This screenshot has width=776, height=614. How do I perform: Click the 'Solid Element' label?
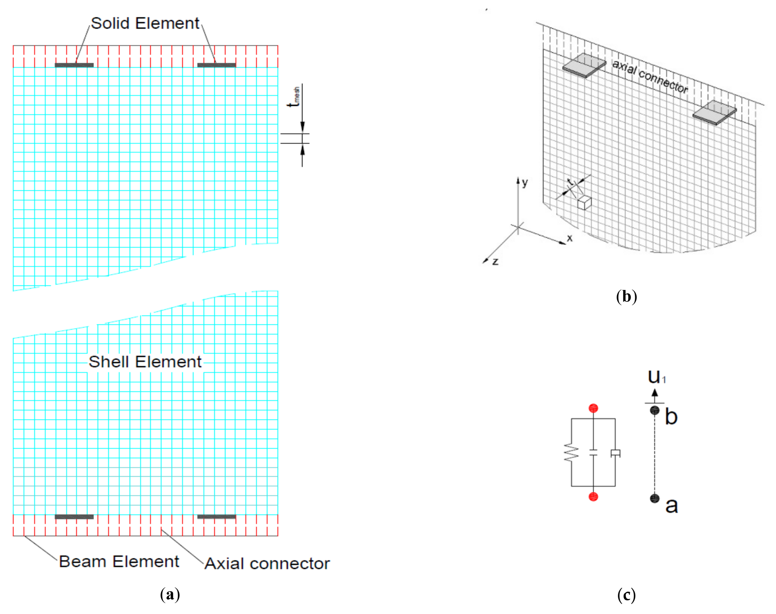tap(145, 23)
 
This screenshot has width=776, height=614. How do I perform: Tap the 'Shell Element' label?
tap(145, 362)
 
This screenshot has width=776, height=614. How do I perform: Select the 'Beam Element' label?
tap(119, 562)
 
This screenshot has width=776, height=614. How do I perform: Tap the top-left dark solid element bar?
tap(74, 65)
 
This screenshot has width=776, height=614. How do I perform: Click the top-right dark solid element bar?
tap(216, 65)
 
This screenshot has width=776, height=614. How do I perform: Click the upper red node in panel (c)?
tap(593, 408)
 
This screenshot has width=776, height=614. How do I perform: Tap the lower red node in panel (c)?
tap(593, 497)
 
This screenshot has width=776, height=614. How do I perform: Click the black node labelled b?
tap(655, 410)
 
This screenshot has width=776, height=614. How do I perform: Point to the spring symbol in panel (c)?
tap(571, 453)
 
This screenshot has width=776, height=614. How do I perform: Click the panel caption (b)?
tap(626, 297)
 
